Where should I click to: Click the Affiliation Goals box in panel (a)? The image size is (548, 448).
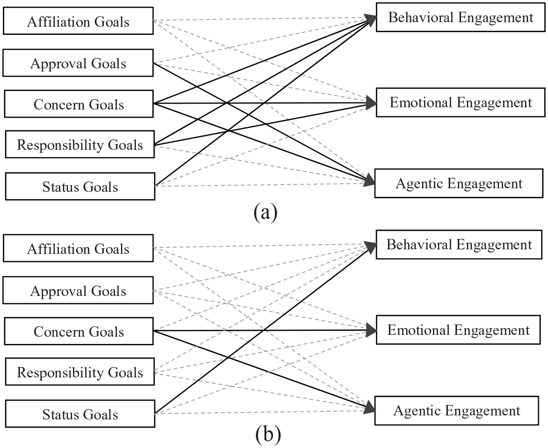click(x=78, y=21)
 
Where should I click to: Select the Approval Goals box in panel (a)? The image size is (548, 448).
click(x=78, y=63)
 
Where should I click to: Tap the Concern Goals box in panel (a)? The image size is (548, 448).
click(x=79, y=104)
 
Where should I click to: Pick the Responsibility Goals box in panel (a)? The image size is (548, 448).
click(x=80, y=144)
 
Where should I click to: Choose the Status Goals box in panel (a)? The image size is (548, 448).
click(x=80, y=186)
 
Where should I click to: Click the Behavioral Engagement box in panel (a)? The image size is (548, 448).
click(x=461, y=17)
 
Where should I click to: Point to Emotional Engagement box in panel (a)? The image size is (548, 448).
click(x=461, y=103)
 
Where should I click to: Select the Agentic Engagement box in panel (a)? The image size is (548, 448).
click(x=459, y=183)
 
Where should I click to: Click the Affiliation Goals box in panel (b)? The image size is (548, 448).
click(x=78, y=248)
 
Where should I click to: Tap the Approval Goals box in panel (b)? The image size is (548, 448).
click(x=78, y=291)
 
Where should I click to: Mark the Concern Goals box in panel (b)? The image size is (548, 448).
click(x=79, y=331)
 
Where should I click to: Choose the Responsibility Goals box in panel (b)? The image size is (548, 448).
click(x=80, y=372)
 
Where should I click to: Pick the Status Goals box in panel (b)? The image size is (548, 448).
click(x=80, y=414)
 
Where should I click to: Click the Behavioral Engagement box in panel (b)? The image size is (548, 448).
click(x=459, y=245)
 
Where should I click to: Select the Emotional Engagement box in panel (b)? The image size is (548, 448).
click(x=458, y=330)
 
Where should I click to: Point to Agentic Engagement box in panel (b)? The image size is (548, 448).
click(x=457, y=411)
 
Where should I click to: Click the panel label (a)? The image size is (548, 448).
click(x=265, y=213)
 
